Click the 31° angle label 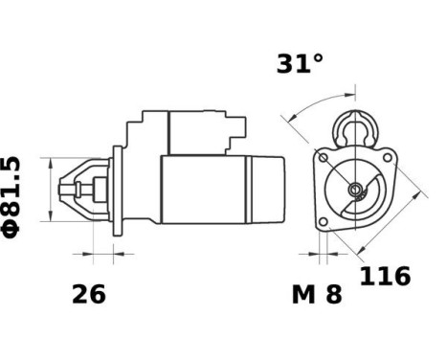(x=301, y=64)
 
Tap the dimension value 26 (x=89, y=294)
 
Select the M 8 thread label (x=316, y=294)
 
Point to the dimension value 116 (x=385, y=277)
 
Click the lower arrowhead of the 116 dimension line (x=361, y=254)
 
